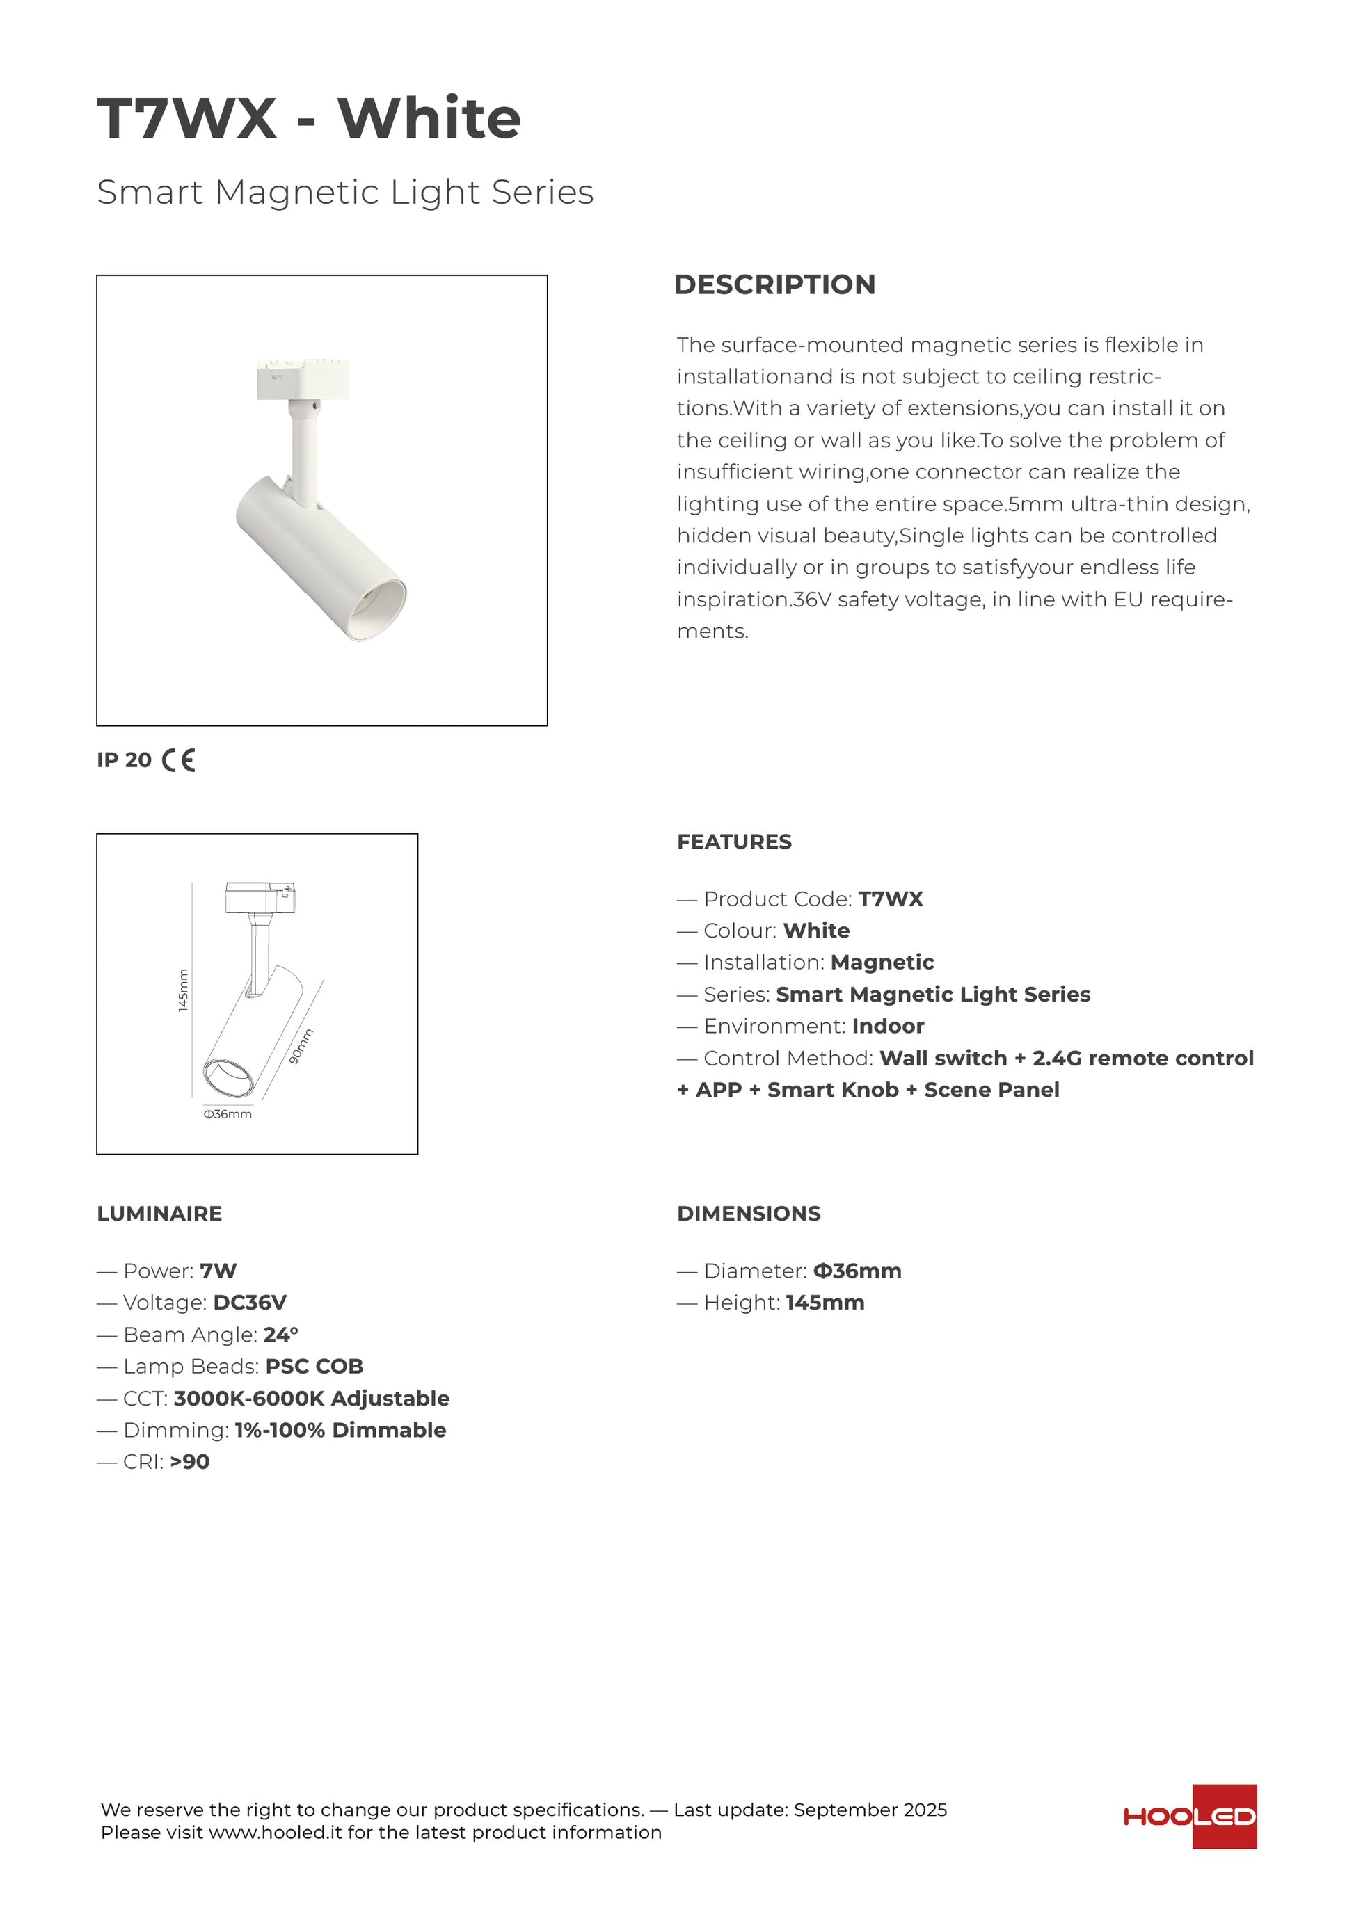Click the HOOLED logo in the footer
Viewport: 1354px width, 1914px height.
[x=1190, y=1817]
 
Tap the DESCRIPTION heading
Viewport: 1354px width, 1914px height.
[x=774, y=284]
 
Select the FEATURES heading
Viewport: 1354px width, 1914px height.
[x=733, y=842]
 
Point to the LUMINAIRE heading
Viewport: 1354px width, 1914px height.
[x=159, y=1214]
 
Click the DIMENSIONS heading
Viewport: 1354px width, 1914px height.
[x=749, y=1214]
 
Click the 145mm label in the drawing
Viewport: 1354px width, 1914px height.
[x=184, y=990]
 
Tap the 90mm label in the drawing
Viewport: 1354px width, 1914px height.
[x=301, y=1046]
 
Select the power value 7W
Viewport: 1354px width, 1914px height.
[x=218, y=1271]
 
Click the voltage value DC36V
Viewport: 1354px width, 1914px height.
[x=250, y=1303]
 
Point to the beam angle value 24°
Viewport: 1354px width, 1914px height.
[x=281, y=1335]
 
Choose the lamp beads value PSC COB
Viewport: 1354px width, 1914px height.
[x=314, y=1367]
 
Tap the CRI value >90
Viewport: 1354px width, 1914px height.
[x=190, y=1461]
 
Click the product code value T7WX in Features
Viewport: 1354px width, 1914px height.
[x=891, y=899]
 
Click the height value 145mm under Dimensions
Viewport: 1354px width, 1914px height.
[x=825, y=1303]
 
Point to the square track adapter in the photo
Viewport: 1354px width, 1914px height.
[x=303, y=379]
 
